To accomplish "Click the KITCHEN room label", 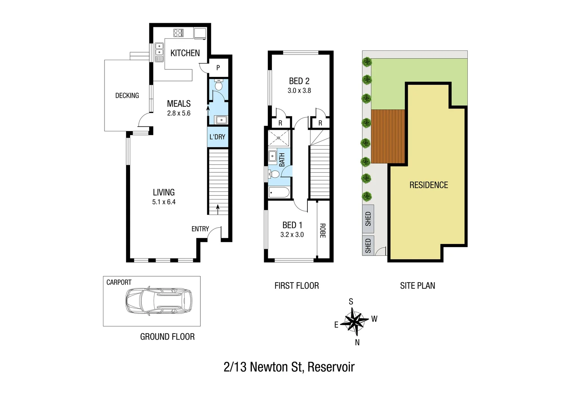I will tap(185, 53).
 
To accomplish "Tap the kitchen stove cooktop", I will tap(178, 33).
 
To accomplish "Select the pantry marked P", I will tap(218, 68).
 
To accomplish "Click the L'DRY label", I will tap(217, 137).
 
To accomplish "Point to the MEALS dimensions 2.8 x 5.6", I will tap(179, 113).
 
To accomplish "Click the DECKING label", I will tap(127, 96).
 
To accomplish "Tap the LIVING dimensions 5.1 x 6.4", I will tap(164, 202).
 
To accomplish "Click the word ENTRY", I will tap(200, 229).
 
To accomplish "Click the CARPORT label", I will tap(119, 282).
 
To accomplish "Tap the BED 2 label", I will tap(299, 81).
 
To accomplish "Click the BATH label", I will tap(282, 160).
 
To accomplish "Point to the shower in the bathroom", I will tap(279, 138).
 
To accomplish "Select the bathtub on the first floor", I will tap(279, 193).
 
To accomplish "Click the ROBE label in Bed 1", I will tap(323, 231).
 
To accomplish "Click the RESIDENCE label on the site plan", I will tap(429, 185).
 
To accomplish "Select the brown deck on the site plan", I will tap(388, 136).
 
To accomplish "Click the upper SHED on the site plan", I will tap(368, 219).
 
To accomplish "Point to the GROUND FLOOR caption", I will tap(167, 337).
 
